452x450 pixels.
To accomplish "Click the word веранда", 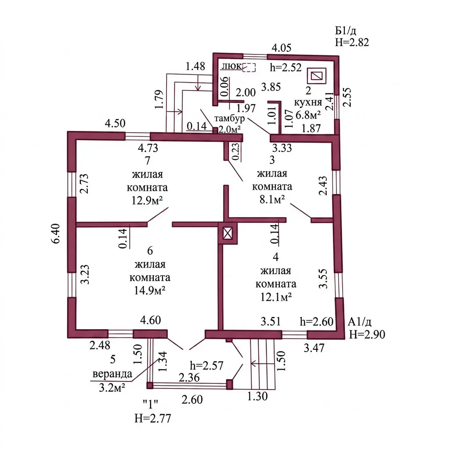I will click(112, 374).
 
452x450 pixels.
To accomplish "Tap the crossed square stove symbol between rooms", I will click(228, 233).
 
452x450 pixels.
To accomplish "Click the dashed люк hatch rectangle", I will click(249, 67).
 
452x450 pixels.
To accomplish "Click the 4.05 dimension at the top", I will click(282, 47).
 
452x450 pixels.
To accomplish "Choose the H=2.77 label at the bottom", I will click(152, 418).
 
